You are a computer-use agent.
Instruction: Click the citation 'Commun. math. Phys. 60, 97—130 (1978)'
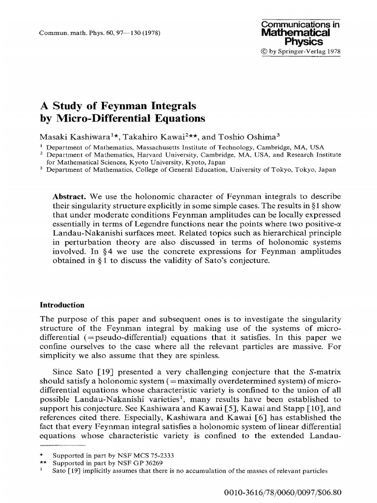[98, 33]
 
